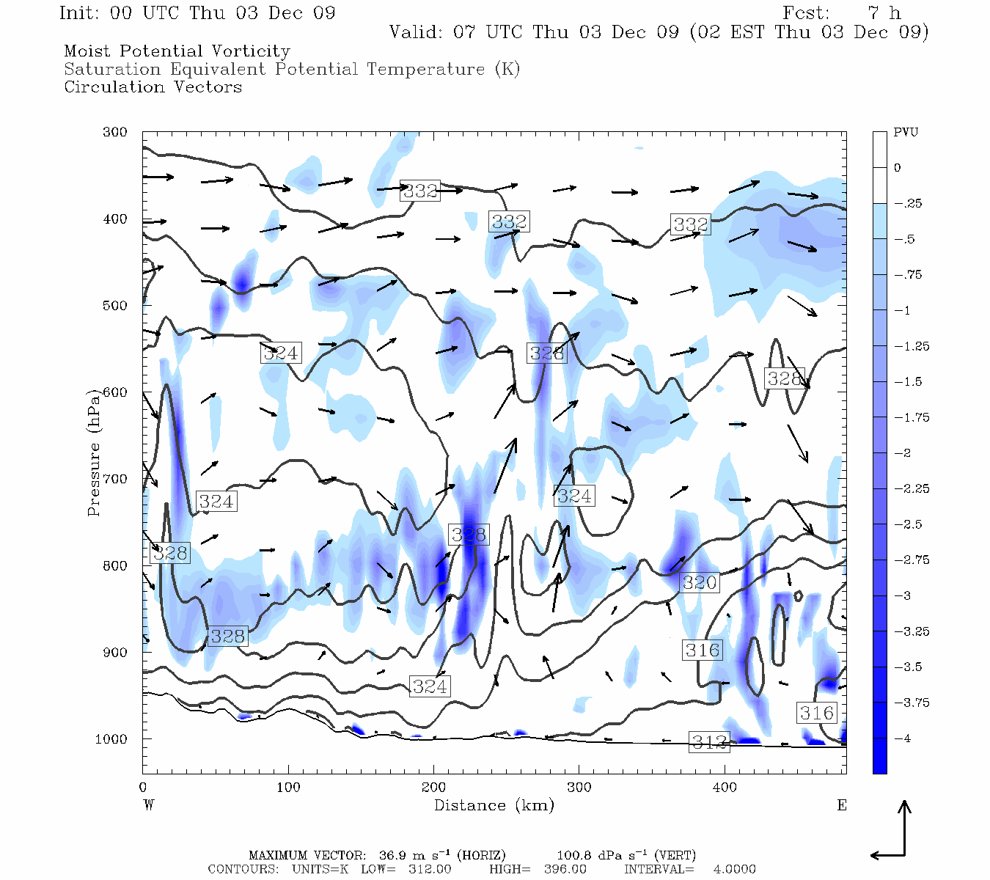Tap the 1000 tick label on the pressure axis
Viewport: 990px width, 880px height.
[111, 739]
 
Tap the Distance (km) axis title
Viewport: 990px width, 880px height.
[494, 805]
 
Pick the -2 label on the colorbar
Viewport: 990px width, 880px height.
[902, 453]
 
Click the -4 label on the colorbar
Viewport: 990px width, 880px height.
[902, 738]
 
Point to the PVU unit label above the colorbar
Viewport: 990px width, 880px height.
[905, 133]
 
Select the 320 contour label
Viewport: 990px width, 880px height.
[700, 583]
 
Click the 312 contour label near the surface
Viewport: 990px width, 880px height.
[710, 742]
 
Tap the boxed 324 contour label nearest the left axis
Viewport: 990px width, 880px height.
[216, 502]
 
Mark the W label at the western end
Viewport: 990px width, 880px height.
[148, 805]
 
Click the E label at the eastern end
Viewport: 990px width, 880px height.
[842, 805]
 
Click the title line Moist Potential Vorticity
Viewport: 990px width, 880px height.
[177, 51]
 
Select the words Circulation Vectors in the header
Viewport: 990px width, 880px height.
[153, 87]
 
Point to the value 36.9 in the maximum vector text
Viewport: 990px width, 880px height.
[393, 855]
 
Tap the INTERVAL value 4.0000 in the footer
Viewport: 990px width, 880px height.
[734, 869]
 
